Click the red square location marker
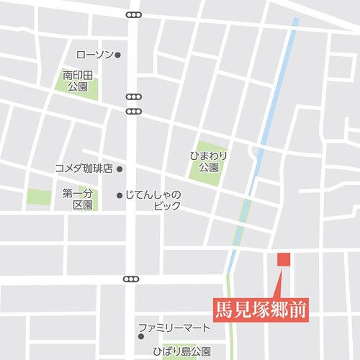pyautogui.click(x=283, y=259)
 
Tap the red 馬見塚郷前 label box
pyautogui.click(x=261, y=310)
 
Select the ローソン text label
pyautogui.click(x=94, y=55)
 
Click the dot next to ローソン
pyautogui.click(x=118, y=55)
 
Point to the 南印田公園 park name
pyautogui.click(x=78, y=81)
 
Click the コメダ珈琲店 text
pyautogui.click(x=84, y=168)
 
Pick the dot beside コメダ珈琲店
pyautogui.click(x=120, y=169)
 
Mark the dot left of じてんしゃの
pyautogui.click(x=120, y=195)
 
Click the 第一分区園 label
pyautogui.click(x=78, y=199)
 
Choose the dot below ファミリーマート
pyautogui.click(x=141, y=336)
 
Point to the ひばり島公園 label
pyautogui.click(x=181, y=351)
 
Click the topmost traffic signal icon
pyautogui.click(x=133, y=14)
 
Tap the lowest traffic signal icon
pyautogui.click(x=131, y=279)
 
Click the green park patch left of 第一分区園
pyautogui.click(x=40, y=197)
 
